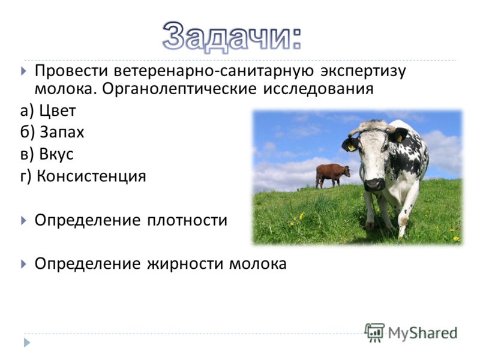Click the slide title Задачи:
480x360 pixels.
(x=232, y=37)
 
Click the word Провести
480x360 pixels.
(x=71, y=71)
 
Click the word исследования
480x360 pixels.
(x=319, y=89)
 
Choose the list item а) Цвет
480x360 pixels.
(x=48, y=111)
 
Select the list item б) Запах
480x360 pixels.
(x=52, y=133)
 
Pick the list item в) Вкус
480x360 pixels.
(x=47, y=154)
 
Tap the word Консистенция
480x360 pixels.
(x=91, y=176)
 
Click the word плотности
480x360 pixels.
(x=187, y=220)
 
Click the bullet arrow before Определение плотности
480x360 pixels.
(x=23, y=220)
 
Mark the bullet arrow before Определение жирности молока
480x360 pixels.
(x=23, y=264)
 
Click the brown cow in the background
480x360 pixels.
(x=332, y=175)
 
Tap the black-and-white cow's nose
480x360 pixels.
(x=374, y=184)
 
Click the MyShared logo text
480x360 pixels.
(x=422, y=333)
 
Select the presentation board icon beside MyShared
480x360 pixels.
(x=374, y=332)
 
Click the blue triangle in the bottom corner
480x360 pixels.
(x=27, y=343)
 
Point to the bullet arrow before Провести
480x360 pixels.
(x=23, y=71)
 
